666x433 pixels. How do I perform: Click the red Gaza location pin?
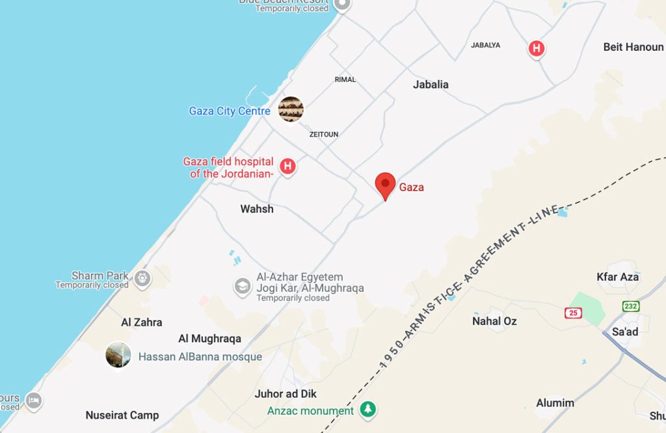click(386, 185)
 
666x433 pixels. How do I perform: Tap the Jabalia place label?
click(431, 84)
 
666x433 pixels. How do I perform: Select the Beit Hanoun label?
click(633, 47)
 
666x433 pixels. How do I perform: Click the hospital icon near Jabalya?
click(537, 48)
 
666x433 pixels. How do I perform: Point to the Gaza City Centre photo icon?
click(291, 109)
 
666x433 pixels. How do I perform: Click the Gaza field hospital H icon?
click(287, 166)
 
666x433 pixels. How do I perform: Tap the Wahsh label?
click(257, 209)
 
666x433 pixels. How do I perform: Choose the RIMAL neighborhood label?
click(345, 79)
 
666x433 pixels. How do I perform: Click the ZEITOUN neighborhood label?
click(324, 135)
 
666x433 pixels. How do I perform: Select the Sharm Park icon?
click(142, 279)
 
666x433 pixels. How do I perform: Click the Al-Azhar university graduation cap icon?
click(243, 286)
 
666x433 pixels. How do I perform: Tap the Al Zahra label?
click(142, 322)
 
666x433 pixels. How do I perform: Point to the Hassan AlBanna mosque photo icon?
click(118, 355)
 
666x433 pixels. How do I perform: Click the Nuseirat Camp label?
click(122, 415)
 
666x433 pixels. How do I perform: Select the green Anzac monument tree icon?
click(369, 410)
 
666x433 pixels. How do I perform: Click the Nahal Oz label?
click(495, 321)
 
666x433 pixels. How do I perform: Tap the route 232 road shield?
click(631, 306)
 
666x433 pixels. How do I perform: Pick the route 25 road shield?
click(573, 313)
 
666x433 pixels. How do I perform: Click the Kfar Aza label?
click(618, 277)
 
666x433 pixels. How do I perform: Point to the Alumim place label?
click(555, 402)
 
